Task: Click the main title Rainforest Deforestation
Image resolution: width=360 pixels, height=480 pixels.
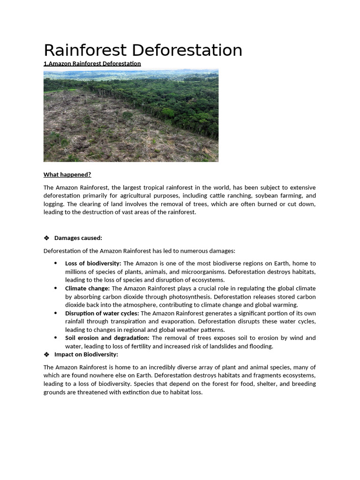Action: click(143, 50)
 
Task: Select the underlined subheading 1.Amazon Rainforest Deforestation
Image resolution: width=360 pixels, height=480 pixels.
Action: click(92, 63)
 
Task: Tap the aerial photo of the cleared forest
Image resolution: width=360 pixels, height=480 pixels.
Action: click(131, 115)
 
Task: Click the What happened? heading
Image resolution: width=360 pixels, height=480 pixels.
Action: click(67, 174)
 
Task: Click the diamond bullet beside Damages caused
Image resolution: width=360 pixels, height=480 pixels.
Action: click(46, 238)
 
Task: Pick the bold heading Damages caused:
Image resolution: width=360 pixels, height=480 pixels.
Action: click(78, 238)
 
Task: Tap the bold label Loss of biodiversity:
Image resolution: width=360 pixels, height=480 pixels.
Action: click(93, 263)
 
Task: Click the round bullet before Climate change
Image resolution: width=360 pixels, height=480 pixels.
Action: click(56, 288)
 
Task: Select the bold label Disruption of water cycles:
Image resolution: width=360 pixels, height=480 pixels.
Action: click(102, 313)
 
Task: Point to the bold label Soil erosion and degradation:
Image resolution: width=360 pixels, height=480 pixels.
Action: click(107, 338)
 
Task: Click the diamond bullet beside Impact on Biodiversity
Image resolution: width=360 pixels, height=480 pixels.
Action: click(46, 354)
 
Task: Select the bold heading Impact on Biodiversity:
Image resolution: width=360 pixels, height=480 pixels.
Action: click(86, 354)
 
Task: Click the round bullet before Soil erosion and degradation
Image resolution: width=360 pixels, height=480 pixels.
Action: click(56, 338)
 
